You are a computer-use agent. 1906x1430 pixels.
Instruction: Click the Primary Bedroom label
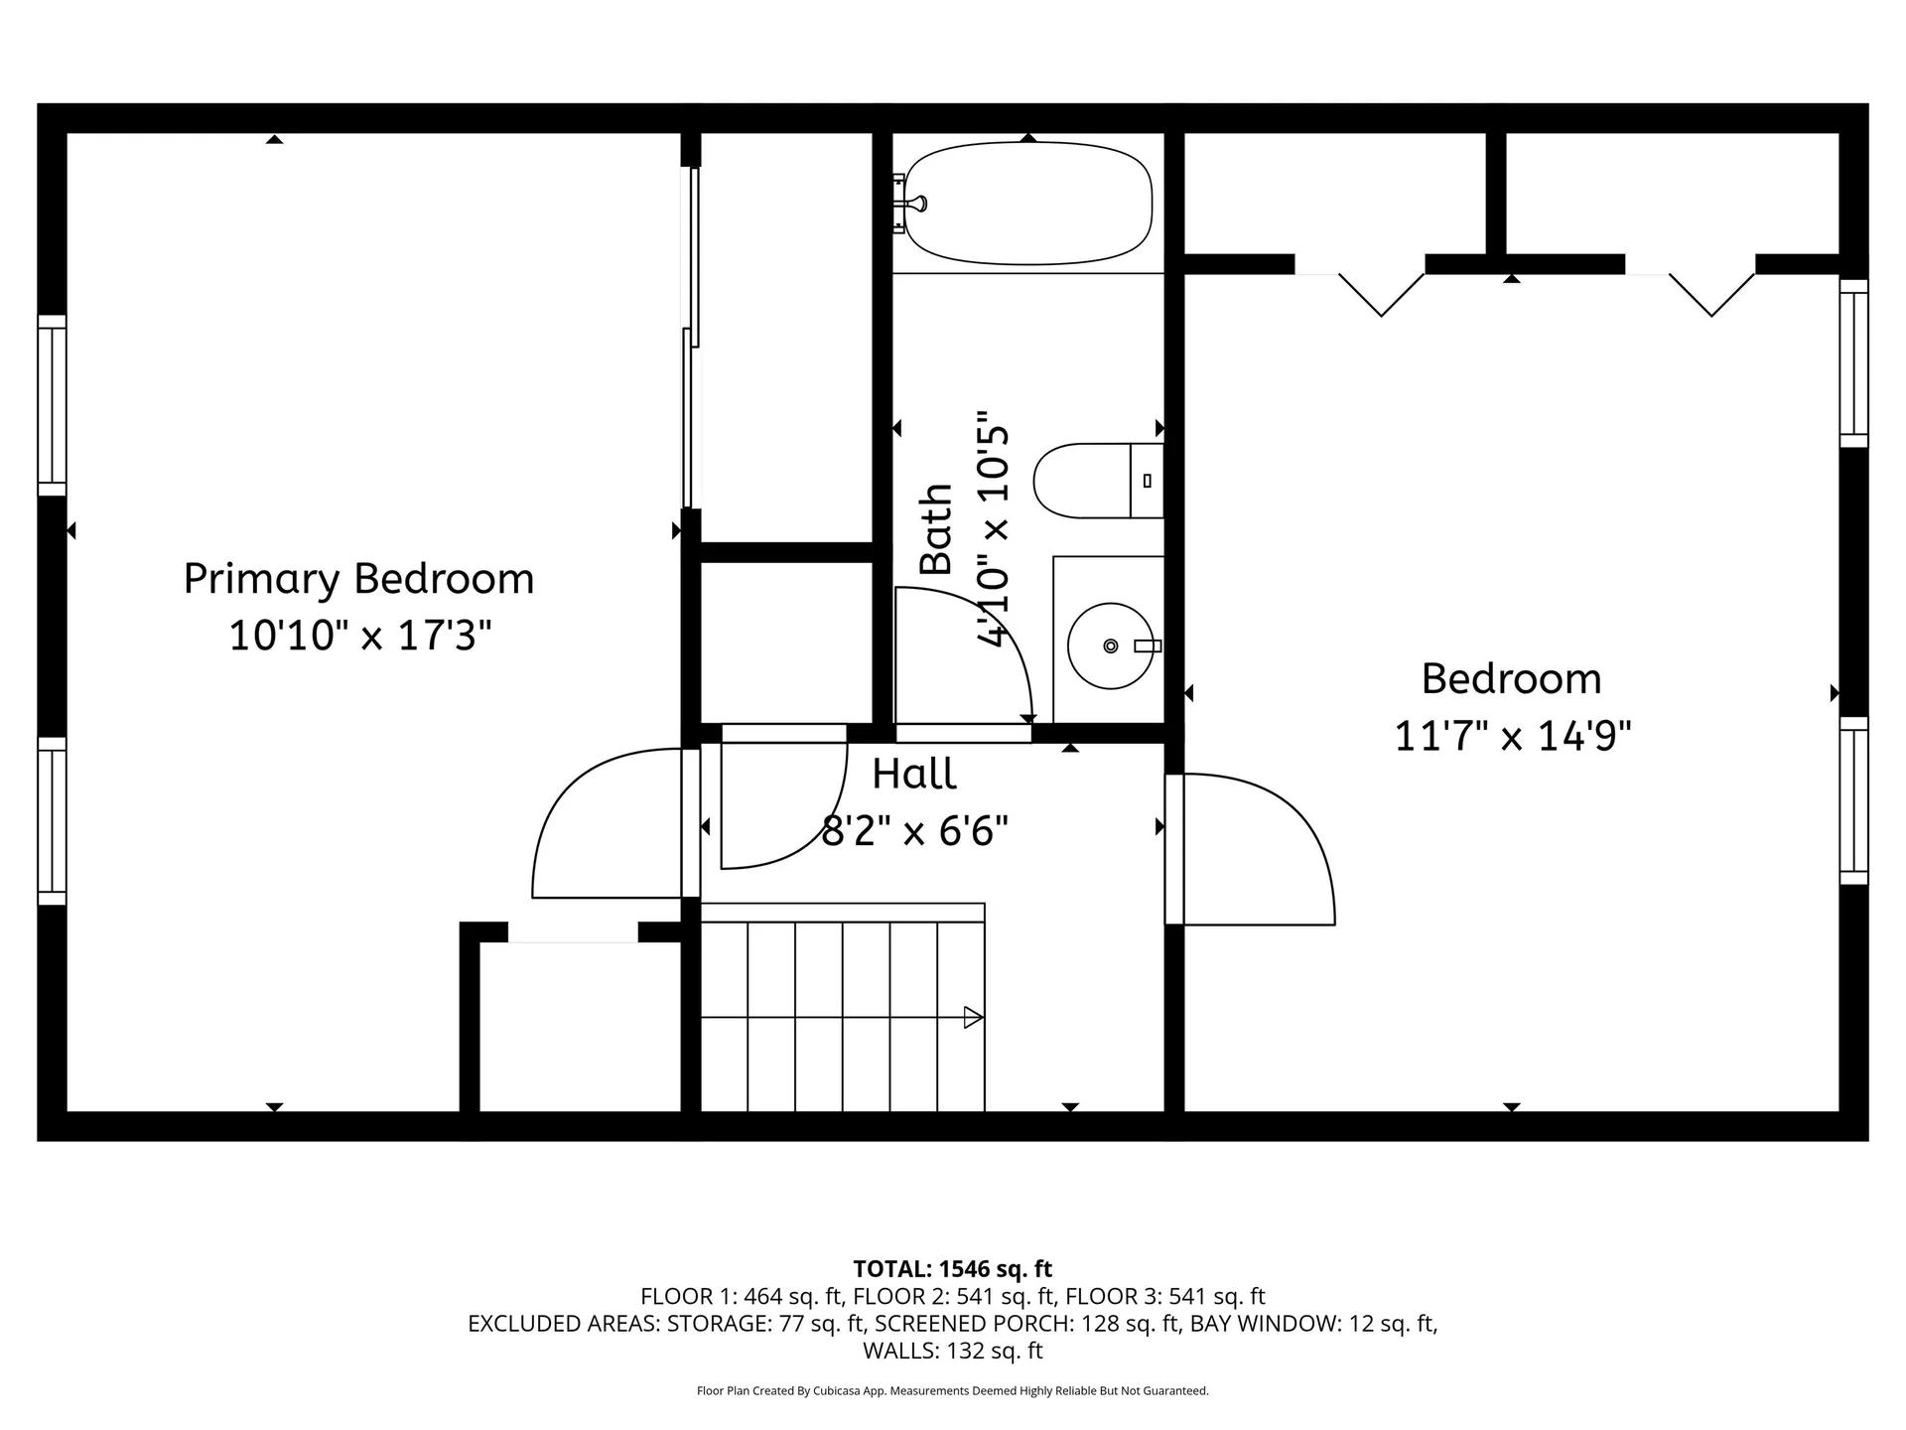click(x=358, y=579)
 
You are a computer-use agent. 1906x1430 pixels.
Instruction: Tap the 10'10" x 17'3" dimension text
click(x=360, y=635)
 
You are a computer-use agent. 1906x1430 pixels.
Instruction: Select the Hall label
click(x=914, y=774)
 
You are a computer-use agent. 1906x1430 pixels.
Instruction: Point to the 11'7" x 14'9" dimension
click(x=1513, y=737)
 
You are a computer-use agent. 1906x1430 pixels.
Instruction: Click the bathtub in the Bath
click(x=1027, y=204)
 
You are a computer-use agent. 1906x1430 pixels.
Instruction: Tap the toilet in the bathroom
click(x=1098, y=481)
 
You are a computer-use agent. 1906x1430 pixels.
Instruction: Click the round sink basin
click(x=1110, y=645)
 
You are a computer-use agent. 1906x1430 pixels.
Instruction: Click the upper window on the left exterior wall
click(x=52, y=405)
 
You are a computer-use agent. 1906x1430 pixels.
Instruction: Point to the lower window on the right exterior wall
click(x=1853, y=800)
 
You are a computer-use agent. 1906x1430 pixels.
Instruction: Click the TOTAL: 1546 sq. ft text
click(x=953, y=1269)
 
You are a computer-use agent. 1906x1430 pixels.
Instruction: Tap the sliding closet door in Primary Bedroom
click(x=691, y=338)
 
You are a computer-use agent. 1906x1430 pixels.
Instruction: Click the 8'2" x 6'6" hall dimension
click(x=915, y=830)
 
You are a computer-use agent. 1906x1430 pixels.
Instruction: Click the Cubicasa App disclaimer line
click(x=953, y=1391)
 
